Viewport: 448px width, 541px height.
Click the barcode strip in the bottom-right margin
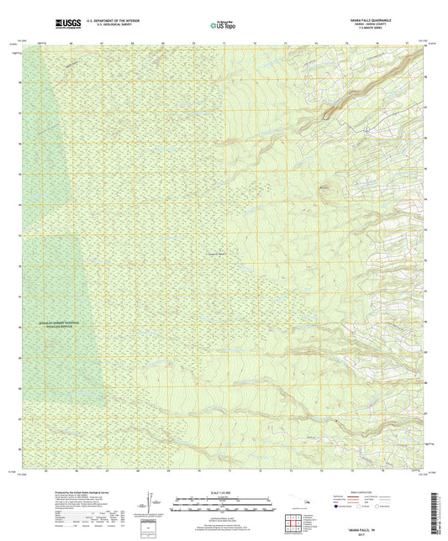point(441,512)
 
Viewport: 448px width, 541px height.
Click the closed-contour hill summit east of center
point(326,189)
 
